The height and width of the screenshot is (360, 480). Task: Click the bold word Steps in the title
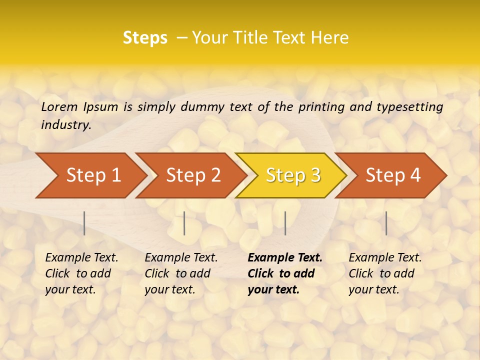click(145, 38)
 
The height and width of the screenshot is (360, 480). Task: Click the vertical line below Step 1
click(84, 223)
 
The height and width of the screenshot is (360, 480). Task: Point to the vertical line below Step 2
click(184, 223)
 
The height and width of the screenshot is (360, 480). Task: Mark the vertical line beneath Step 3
click(285, 223)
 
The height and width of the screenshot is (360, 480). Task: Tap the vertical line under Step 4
click(386, 223)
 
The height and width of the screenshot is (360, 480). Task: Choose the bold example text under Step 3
click(284, 273)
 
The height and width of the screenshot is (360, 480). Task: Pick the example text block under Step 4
click(385, 273)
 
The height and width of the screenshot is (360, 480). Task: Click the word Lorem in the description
click(59, 106)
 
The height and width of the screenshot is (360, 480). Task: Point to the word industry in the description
click(65, 125)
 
